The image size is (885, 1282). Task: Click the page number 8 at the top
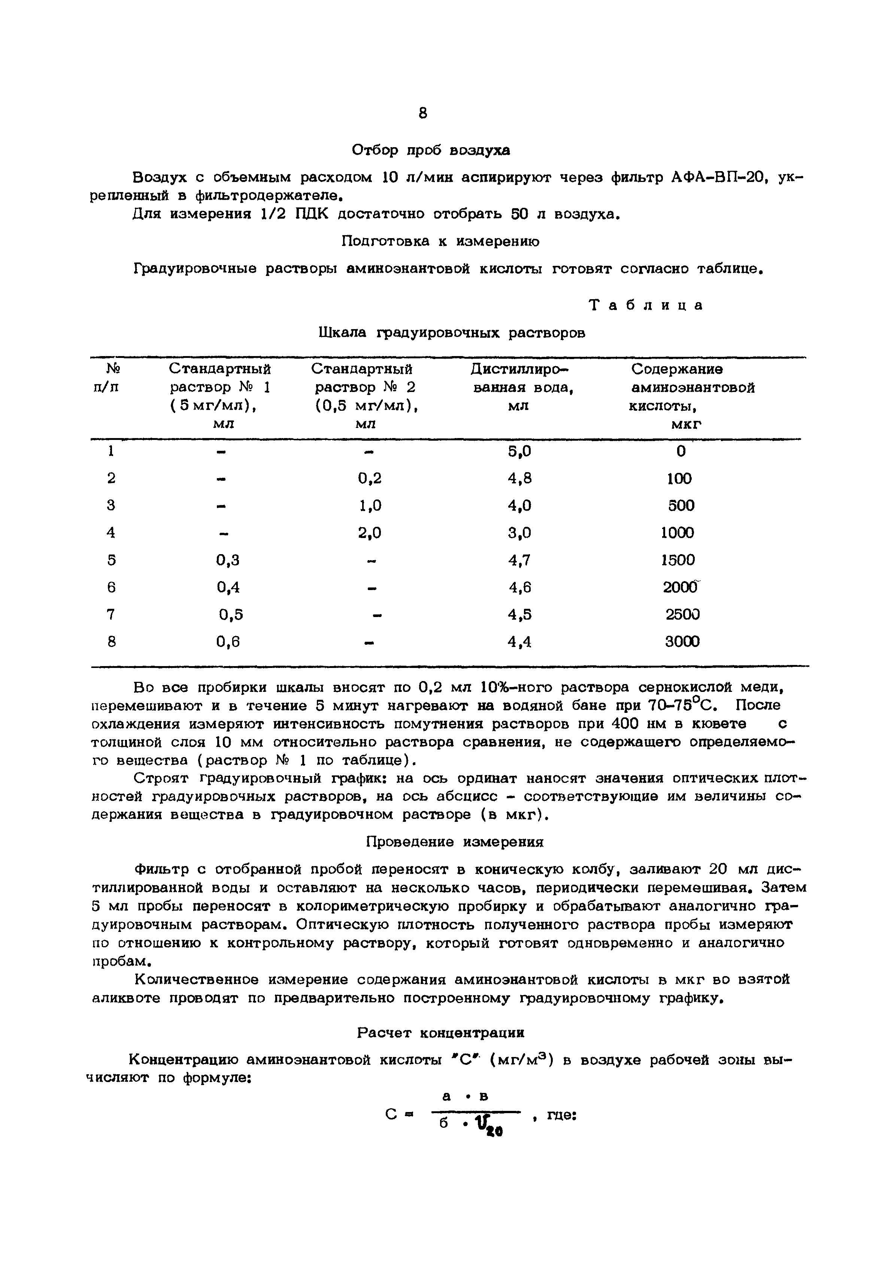[x=423, y=113]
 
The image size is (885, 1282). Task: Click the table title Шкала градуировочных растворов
[x=452, y=332]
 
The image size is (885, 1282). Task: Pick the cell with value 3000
[x=682, y=642]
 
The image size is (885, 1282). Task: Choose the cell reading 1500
[x=678, y=560]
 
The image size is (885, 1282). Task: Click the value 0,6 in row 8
[x=228, y=642]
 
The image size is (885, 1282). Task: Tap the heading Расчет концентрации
[x=441, y=1033]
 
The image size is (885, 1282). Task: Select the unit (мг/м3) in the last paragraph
[x=522, y=1060]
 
